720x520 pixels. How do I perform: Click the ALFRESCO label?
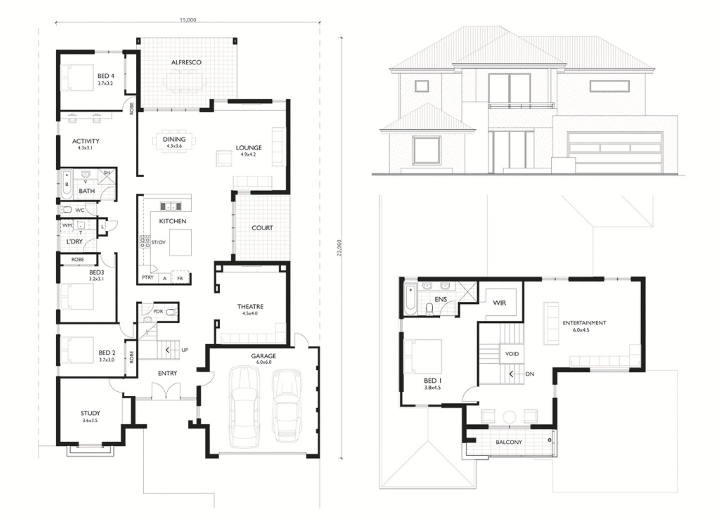pyautogui.click(x=186, y=62)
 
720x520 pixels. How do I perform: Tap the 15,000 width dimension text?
pyautogui.click(x=188, y=20)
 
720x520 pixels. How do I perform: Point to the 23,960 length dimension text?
pyautogui.click(x=339, y=248)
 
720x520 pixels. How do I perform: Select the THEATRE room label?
pyautogui.click(x=250, y=307)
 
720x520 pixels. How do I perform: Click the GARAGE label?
pyautogui.click(x=263, y=356)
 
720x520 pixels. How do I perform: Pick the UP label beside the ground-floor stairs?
pyautogui.click(x=185, y=350)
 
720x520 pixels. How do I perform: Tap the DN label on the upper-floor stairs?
pyautogui.click(x=530, y=374)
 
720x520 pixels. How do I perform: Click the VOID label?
pyautogui.click(x=512, y=354)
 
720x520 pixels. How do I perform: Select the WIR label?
pyautogui.click(x=500, y=303)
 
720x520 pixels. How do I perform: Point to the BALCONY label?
pyautogui.click(x=509, y=442)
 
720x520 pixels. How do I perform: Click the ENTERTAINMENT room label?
pyautogui.click(x=584, y=323)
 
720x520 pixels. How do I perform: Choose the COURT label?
pyautogui.click(x=262, y=228)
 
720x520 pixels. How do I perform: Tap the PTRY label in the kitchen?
pyautogui.click(x=148, y=277)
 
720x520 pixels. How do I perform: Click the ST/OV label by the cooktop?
pyautogui.click(x=158, y=242)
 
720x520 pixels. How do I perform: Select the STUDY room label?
pyautogui.click(x=91, y=413)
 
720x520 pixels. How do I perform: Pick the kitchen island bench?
pyautogui.click(x=180, y=242)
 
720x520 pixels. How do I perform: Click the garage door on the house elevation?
pyautogui.click(x=615, y=152)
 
